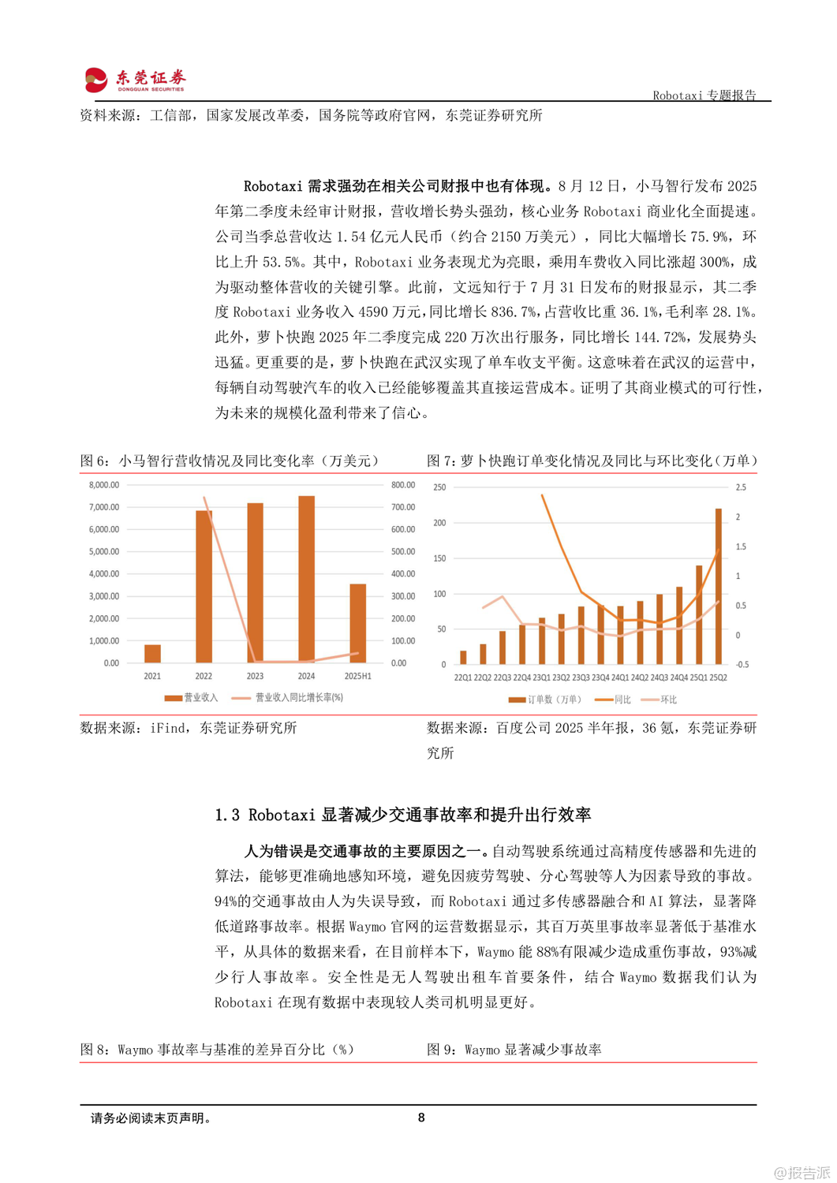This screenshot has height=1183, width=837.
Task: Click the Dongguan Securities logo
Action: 135,79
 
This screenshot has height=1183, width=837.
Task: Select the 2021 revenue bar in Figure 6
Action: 152,653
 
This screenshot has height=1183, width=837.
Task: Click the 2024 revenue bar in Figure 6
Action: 306,579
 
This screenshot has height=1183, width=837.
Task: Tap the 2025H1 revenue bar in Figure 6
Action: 357,623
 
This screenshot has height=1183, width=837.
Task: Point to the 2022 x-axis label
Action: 204,676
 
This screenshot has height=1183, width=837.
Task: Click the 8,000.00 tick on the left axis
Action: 104,485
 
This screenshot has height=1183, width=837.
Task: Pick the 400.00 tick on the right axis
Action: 403,574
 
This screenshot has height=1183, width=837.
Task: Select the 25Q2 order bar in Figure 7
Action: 718,586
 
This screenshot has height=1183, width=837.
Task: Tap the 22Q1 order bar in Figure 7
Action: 463,657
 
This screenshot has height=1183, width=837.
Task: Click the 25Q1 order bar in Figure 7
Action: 699,614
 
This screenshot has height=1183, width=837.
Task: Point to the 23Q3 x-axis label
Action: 581,677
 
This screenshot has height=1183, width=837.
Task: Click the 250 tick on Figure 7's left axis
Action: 439,487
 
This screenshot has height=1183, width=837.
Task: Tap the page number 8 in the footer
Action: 421,1118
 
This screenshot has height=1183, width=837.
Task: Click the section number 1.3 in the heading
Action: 227,815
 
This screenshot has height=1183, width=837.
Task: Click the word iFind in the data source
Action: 169,728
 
